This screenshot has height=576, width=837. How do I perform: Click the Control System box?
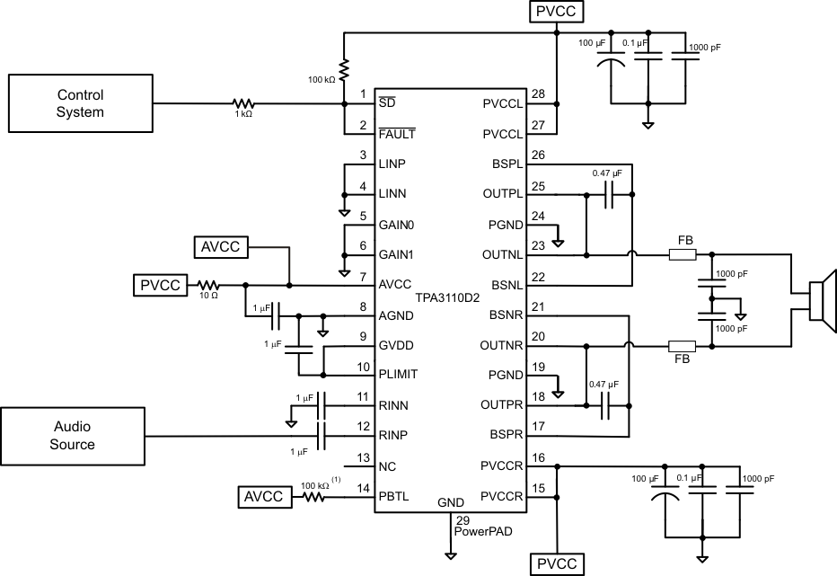pos(81,103)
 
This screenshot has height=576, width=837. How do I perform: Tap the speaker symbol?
pos(822,300)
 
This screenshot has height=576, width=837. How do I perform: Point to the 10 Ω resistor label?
pos(208,296)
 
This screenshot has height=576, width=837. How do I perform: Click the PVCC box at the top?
pos(558,12)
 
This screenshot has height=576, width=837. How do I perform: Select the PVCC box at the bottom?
pos(558,564)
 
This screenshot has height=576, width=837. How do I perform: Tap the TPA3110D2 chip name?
pos(447,296)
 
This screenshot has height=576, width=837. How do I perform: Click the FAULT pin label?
pos(396,134)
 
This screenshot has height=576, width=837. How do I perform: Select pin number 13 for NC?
pos(363,458)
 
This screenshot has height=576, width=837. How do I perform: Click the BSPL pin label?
pos(507,164)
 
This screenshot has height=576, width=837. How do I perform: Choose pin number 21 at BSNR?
pos(538,307)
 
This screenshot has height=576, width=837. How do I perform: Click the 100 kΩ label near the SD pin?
pos(322,80)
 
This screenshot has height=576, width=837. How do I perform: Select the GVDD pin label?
pos(396,344)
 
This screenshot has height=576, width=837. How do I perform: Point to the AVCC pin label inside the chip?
pos(395,283)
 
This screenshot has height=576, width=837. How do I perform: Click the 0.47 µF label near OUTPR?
pos(604,384)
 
